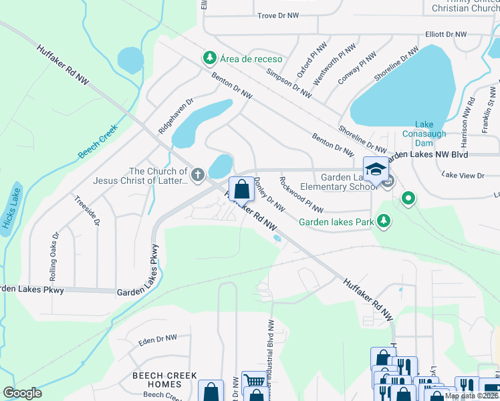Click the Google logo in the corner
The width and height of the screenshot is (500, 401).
coord(21,393)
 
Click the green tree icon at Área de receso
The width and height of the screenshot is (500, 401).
coord(210,59)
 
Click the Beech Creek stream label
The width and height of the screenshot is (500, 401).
coord(98,141)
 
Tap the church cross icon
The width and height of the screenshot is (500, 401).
coord(197,175)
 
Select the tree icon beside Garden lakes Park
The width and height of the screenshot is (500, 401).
coord(383,221)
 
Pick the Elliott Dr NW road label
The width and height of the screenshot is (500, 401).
coord(449,34)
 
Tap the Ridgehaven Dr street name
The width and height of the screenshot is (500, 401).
coord(175,117)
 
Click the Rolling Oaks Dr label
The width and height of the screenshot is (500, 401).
coord(54,257)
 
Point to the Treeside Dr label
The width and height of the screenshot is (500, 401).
coord(88,211)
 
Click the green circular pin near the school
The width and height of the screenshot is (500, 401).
coord(408,198)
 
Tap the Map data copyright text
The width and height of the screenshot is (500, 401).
coord(471,396)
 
